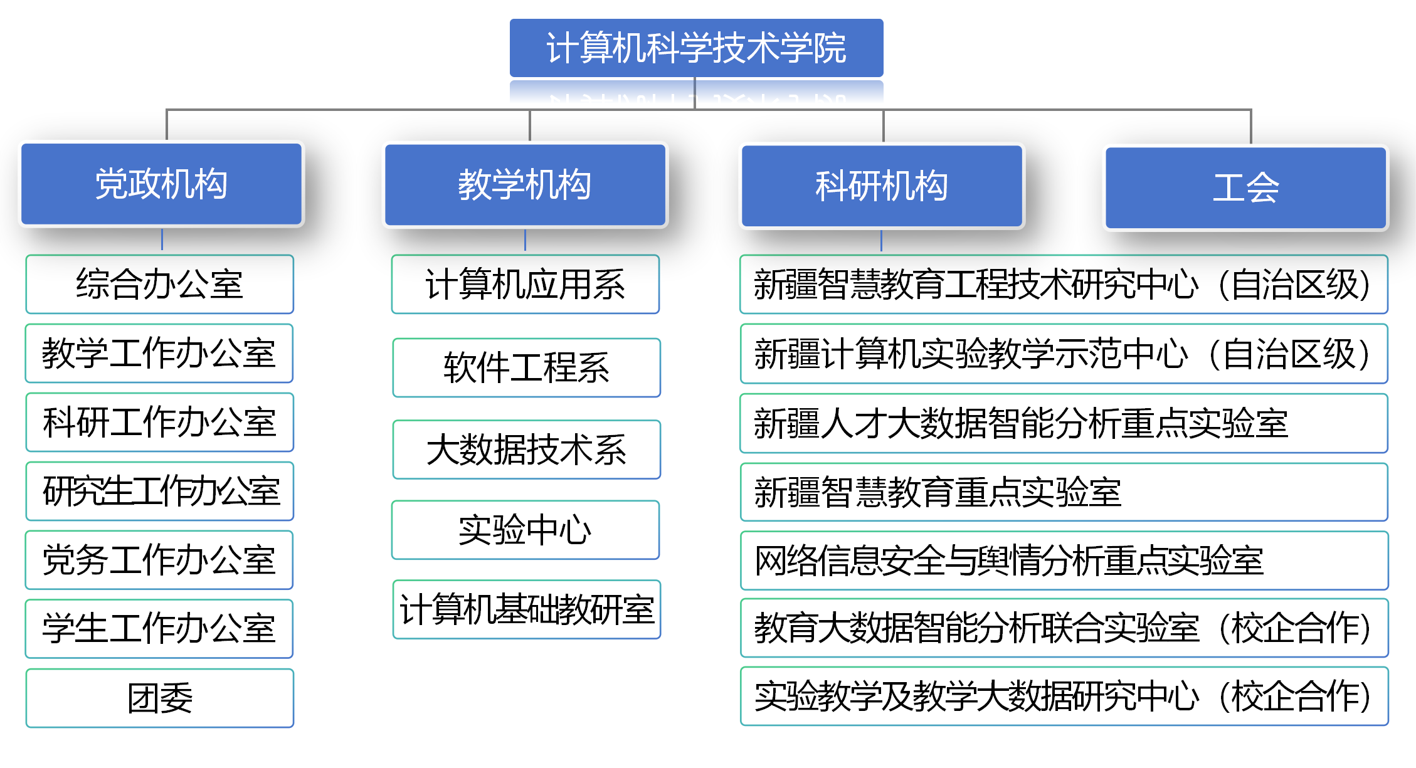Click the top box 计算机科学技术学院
pyautogui.click(x=696, y=48)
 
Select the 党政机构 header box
pyautogui.click(x=162, y=184)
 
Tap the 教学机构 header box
pyautogui.click(x=525, y=185)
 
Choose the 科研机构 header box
pyautogui.click(x=882, y=186)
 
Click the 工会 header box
pyautogui.click(x=1245, y=187)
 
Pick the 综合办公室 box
pyautogui.click(x=160, y=284)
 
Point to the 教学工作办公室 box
pyautogui.click(x=159, y=353)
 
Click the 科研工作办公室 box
pyautogui.click(x=160, y=422)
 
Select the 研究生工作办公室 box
pyautogui.click(x=160, y=491)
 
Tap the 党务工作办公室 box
pyautogui.click(x=159, y=560)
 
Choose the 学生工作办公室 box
pyautogui.click(x=159, y=629)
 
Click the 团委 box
pyautogui.click(x=160, y=698)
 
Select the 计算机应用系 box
pyautogui.click(x=526, y=284)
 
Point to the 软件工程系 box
pyautogui.click(x=527, y=367)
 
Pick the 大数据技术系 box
pyautogui.click(x=527, y=450)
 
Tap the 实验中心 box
pyautogui.click(x=526, y=530)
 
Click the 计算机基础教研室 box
pyautogui.click(x=527, y=609)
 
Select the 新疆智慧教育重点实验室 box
pyautogui.click(x=1064, y=492)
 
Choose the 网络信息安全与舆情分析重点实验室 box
pyautogui.click(x=1064, y=560)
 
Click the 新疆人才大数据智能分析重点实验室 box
pyautogui.click(x=1064, y=423)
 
